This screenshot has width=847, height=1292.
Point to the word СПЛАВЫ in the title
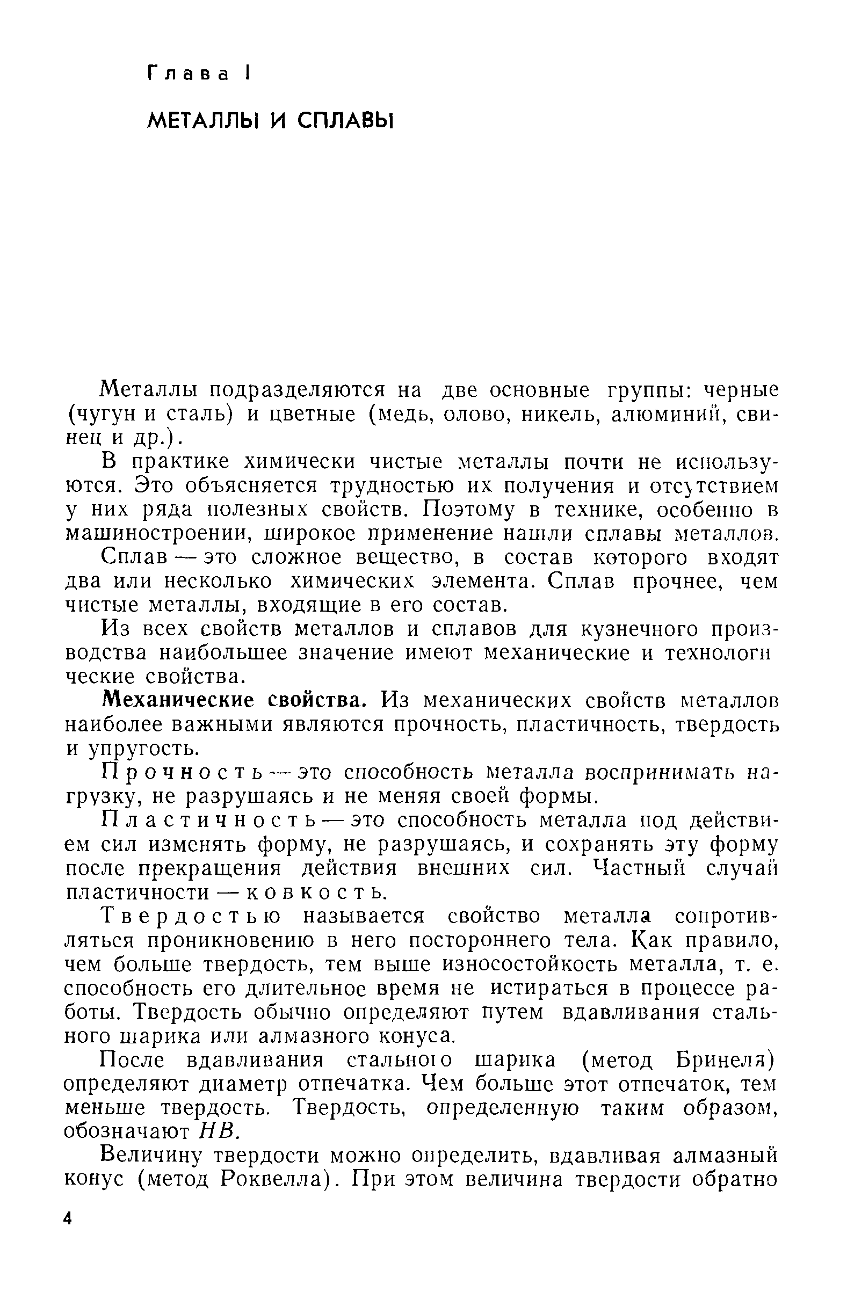coord(345,121)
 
